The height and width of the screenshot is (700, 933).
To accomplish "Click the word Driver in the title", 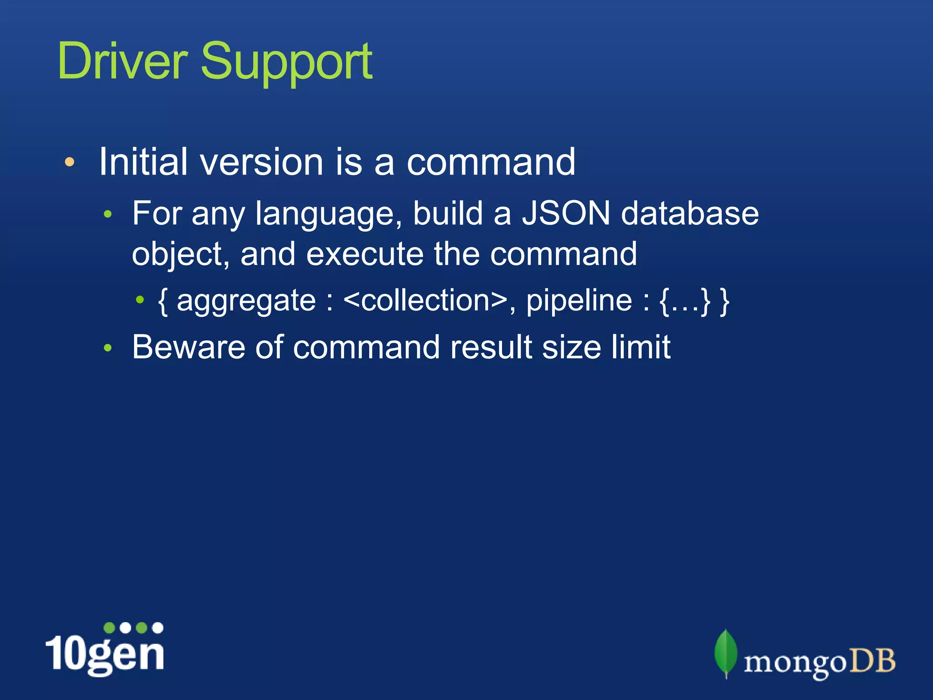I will pos(122,62).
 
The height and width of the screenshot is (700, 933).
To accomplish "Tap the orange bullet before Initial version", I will pos(69,162).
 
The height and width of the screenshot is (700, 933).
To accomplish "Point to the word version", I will pos(261,162).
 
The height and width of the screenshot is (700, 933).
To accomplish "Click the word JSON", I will pos(565,213).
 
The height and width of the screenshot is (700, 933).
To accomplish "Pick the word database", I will pos(690,213).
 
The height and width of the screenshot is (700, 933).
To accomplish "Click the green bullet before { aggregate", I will pos(140,300).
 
